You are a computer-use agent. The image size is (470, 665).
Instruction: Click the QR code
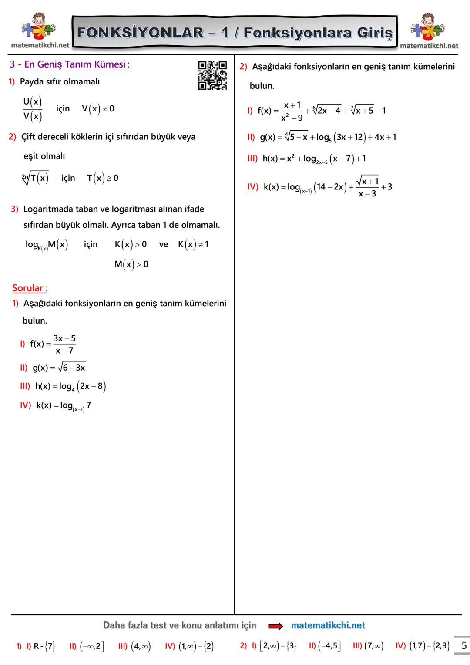click(212, 75)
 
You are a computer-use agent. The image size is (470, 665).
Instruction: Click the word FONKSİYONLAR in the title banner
click(140, 33)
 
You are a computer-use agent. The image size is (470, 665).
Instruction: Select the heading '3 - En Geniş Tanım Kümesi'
click(70, 64)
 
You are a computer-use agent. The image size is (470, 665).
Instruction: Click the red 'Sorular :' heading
click(30, 288)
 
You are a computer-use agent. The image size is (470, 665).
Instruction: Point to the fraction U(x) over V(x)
click(33, 109)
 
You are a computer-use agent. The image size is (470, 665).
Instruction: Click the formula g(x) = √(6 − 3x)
click(59, 368)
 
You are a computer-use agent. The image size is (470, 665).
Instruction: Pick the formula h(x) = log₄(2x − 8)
click(70, 386)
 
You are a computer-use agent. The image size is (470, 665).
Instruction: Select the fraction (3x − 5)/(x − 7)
click(64, 344)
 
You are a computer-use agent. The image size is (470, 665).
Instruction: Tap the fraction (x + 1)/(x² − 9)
click(292, 111)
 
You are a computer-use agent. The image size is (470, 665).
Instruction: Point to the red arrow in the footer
click(275, 626)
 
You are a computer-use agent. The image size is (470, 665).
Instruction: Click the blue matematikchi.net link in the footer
click(328, 625)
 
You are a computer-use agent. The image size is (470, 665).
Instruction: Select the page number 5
click(464, 645)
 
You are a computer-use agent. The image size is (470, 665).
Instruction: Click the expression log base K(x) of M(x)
click(47, 245)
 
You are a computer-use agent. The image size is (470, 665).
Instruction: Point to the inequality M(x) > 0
click(131, 264)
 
